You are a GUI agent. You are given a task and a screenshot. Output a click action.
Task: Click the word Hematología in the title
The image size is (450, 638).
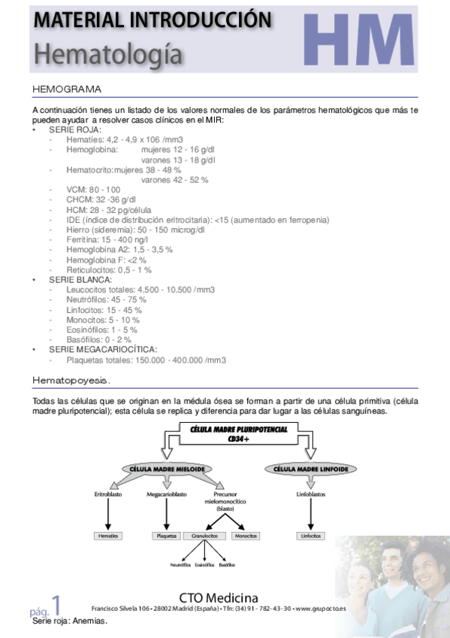(108, 53)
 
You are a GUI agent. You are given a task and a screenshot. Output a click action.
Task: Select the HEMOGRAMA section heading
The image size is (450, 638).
(67, 90)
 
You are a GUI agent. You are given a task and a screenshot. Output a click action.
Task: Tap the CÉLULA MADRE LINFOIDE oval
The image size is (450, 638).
(310, 469)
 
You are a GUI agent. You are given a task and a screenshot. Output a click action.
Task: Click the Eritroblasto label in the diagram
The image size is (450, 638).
(107, 494)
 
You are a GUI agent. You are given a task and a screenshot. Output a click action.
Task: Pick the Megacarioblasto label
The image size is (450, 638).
(165, 494)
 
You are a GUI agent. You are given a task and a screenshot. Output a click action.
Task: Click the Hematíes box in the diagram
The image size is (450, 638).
(107, 536)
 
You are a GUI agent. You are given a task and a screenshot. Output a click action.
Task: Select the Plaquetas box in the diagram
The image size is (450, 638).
(165, 536)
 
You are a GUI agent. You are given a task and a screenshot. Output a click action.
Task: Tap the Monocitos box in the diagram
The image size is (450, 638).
(245, 536)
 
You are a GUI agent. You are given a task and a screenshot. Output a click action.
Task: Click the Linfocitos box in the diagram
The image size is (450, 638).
(310, 536)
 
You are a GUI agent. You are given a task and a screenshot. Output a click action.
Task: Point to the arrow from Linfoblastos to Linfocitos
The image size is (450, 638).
(310, 515)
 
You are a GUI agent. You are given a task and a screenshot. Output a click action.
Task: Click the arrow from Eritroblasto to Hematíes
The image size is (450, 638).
(107, 515)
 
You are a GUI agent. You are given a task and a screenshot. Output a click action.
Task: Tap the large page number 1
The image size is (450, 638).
(56, 604)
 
